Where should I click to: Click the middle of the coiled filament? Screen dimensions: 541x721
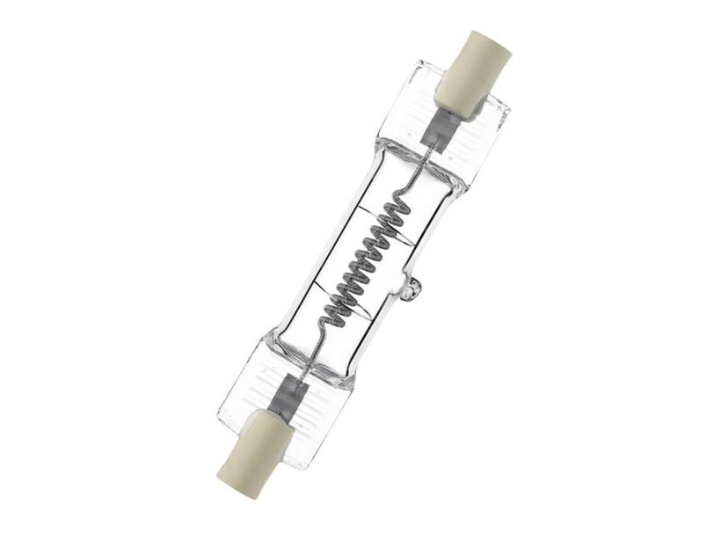click(x=361, y=260)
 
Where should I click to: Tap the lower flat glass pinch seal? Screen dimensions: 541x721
click(x=264, y=387)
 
